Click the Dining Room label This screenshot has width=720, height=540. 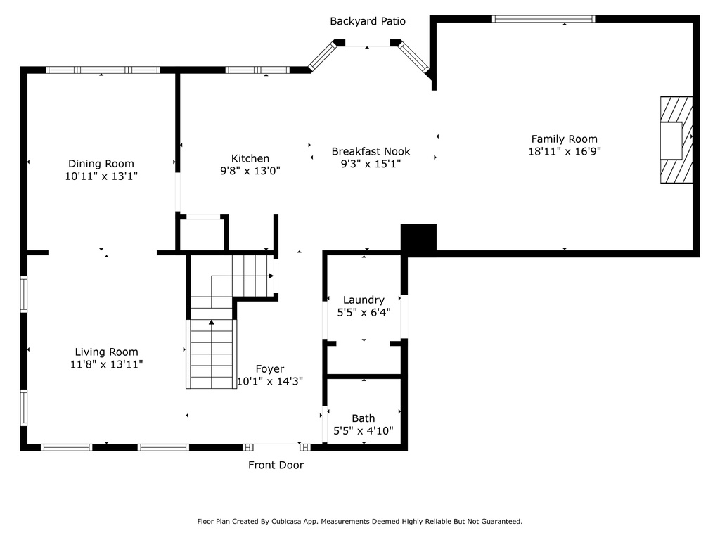pos(101,163)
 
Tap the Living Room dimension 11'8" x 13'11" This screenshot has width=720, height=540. pos(107,364)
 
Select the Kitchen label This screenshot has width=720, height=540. pos(250,158)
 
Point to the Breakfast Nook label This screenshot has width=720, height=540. pos(371,151)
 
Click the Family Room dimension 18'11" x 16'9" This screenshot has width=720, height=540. pos(565,151)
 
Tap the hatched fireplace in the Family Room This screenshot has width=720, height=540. pos(676,140)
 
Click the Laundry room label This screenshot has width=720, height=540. pos(364,300)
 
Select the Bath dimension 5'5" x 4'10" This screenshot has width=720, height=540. pos(364,431)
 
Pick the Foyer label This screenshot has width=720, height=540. pos(270,368)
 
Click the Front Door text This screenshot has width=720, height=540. pos(276,465)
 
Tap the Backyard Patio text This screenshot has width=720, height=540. pos(368,21)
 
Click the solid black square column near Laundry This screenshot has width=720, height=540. pos(418,238)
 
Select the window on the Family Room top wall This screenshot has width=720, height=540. pos(544,19)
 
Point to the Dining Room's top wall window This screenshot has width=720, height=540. pos(103,70)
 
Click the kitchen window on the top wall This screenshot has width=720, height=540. pos(257,70)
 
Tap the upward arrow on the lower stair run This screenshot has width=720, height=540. pos(211,322)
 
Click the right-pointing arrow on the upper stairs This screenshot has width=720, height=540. pos(271,276)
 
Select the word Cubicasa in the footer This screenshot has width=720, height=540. pos(287,522)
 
